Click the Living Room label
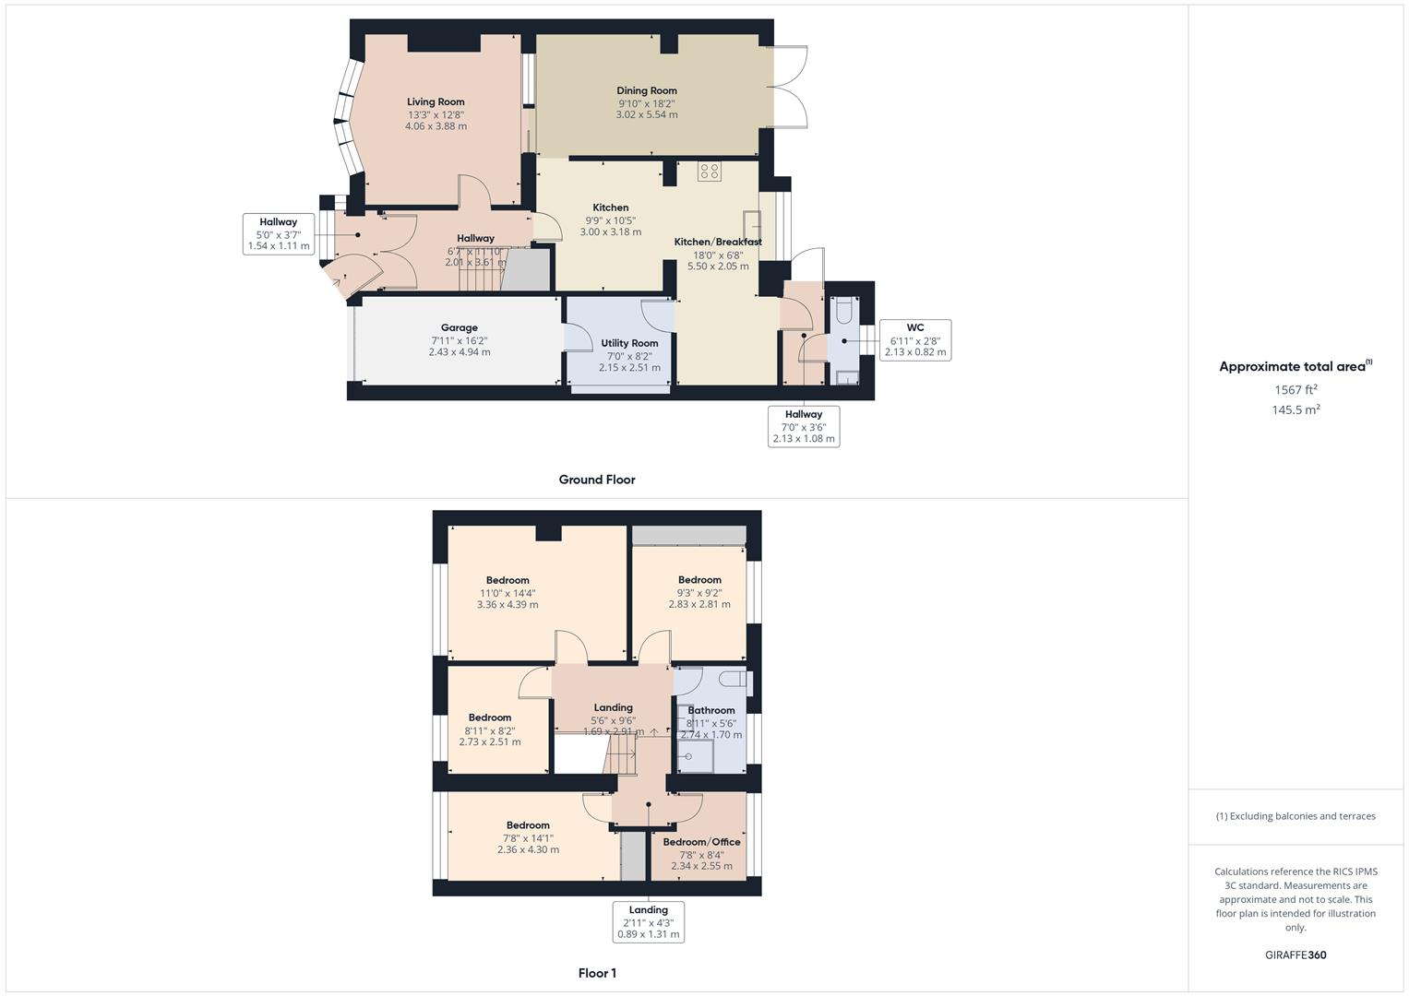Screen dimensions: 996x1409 pos(436,102)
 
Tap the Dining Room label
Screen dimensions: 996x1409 pos(647,90)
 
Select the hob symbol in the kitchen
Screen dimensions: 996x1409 pos(709,171)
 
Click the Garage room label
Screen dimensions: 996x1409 pos(459,327)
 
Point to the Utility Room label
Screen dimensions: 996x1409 pos(629,343)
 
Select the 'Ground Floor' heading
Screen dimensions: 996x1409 pos(597,480)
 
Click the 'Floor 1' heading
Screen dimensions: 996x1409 pos(597,973)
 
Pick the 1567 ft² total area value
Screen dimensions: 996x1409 pos(1296,390)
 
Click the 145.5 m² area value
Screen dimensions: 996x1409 pos(1296,410)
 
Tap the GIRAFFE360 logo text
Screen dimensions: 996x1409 pos(1296,955)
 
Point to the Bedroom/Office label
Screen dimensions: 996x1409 pos(701,842)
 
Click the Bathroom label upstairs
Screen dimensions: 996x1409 pos(711,710)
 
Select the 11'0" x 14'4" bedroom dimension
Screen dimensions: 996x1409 pos(507,593)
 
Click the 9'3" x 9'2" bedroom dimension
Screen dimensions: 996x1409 pos(699,592)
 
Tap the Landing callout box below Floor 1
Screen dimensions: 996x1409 pos(649,921)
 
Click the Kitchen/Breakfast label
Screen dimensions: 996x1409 pos(718,242)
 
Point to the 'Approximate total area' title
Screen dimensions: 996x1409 pos(1294,367)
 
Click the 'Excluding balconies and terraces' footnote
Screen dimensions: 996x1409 pos(1296,816)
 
